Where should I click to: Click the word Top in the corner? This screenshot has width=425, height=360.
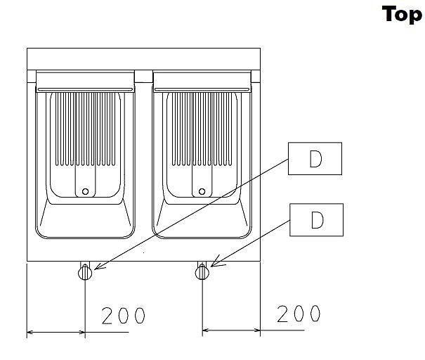(x=402, y=14)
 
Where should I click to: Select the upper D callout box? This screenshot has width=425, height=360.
(x=315, y=158)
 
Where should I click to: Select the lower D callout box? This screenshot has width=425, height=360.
(x=317, y=220)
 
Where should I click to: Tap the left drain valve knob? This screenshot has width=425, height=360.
(x=85, y=272)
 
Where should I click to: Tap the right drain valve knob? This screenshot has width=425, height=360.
(x=202, y=272)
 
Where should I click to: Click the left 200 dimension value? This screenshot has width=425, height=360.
(x=124, y=316)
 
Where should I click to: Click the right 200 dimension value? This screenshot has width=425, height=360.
(x=299, y=314)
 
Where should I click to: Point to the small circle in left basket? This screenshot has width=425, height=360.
(x=85, y=191)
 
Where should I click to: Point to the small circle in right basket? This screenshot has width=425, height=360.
(x=202, y=191)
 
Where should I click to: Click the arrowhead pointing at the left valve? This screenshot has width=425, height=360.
(x=98, y=266)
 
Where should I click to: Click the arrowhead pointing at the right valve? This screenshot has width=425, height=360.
(x=216, y=262)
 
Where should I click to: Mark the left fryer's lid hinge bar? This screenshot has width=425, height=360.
(x=86, y=89)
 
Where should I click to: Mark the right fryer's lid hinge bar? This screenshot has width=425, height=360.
(x=202, y=89)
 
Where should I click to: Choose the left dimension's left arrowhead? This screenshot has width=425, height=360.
(x=30, y=332)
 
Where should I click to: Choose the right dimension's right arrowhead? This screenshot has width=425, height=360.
(x=257, y=330)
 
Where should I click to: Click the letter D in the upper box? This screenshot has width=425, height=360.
(x=315, y=158)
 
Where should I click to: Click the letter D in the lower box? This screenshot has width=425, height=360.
(x=317, y=220)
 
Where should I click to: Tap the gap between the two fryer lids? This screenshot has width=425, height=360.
(x=143, y=77)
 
